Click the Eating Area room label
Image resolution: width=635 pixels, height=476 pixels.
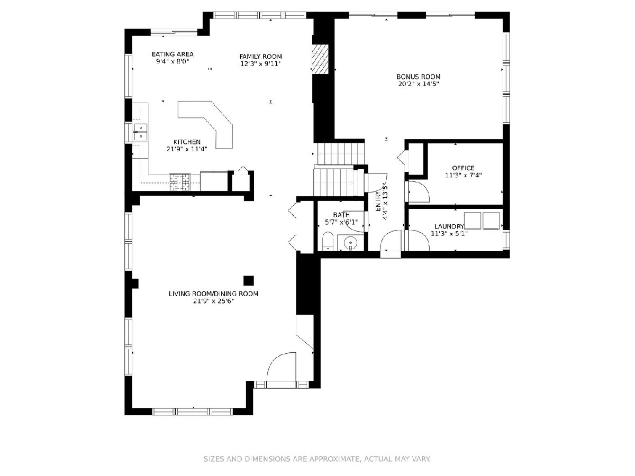(x=173, y=54)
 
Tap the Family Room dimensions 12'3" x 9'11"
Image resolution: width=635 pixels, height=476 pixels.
(x=260, y=64)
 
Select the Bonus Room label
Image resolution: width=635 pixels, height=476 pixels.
(x=419, y=77)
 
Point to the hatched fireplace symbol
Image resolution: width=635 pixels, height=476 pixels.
(x=320, y=59)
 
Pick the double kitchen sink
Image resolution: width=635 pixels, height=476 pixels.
(x=141, y=132)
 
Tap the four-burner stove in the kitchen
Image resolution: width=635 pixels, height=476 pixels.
(x=179, y=182)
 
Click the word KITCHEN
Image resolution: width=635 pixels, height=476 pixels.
(x=187, y=142)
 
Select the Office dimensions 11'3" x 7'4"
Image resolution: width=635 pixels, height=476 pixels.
(x=463, y=175)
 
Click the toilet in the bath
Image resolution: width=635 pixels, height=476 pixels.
(x=328, y=241)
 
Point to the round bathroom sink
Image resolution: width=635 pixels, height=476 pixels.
(x=350, y=242)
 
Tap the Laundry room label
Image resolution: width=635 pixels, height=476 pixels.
(x=449, y=226)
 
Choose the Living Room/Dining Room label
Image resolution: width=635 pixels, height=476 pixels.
(x=213, y=294)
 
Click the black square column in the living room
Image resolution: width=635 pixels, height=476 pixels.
(x=249, y=280)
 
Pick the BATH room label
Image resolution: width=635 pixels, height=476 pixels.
(x=341, y=215)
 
